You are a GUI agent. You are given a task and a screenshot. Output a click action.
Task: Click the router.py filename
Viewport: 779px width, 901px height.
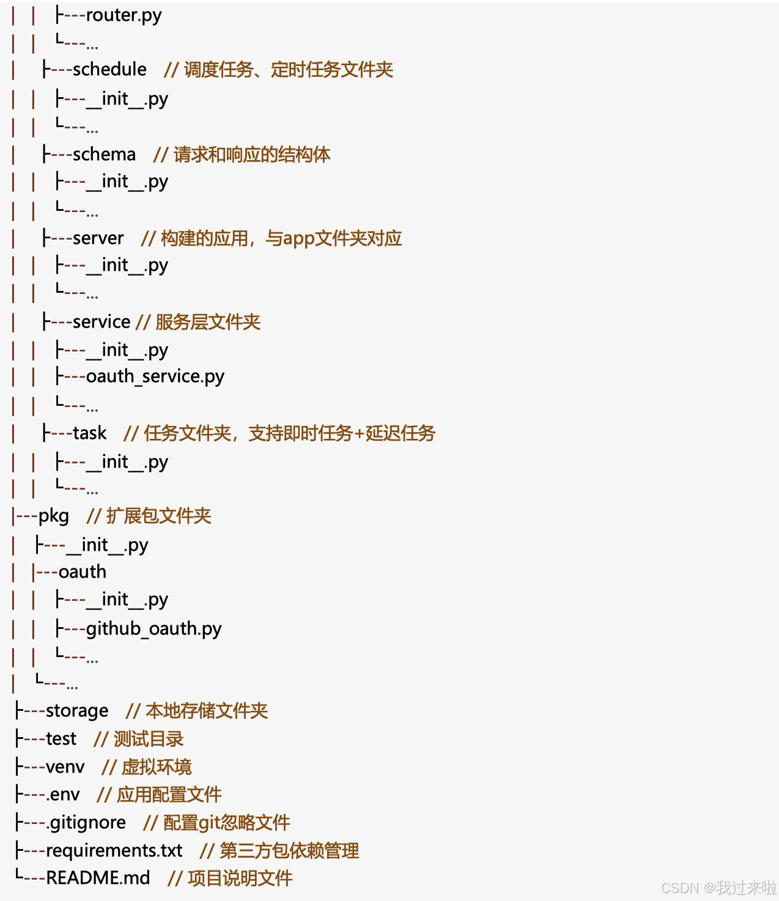click(124, 15)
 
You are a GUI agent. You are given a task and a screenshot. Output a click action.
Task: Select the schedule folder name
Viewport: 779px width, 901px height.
click(109, 70)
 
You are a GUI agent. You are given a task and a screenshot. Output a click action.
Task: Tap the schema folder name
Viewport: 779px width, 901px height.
click(104, 154)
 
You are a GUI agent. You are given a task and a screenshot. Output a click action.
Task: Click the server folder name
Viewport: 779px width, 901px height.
click(98, 238)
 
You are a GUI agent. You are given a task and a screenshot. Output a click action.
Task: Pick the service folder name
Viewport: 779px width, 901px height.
click(101, 322)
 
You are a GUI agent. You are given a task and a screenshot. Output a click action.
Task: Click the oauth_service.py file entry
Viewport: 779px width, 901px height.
click(155, 377)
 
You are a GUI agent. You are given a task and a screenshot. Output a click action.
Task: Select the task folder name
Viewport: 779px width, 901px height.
click(89, 433)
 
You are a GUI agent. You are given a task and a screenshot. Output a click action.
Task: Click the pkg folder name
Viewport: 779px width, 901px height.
click(54, 516)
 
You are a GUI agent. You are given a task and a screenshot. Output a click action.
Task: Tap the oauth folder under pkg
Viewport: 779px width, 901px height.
click(83, 572)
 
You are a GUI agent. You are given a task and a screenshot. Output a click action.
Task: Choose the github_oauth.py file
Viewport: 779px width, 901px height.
click(153, 628)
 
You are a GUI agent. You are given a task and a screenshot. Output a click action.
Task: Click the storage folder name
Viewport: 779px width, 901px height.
click(77, 711)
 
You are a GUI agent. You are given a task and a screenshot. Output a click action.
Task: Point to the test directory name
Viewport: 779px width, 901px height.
click(61, 739)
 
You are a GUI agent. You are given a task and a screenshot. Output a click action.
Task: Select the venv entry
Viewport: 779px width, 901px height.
click(65, 767)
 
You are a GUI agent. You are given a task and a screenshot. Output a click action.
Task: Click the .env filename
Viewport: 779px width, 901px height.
click(63, 795)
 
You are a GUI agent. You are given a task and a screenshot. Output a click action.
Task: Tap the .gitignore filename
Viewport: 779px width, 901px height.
click(86, 823)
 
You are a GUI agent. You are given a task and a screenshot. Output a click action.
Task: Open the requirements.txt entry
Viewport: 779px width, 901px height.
click(114, 850)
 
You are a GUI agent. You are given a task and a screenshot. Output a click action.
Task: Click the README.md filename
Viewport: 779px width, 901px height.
click(98, 878)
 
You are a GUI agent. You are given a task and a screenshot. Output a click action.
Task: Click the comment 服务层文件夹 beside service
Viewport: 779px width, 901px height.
click(208, 322)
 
